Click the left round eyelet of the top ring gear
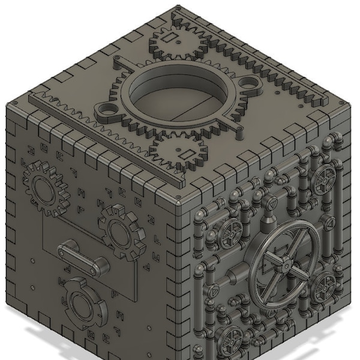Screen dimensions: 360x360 pos(108,110)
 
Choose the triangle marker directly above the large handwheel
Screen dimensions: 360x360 pos(272,206)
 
